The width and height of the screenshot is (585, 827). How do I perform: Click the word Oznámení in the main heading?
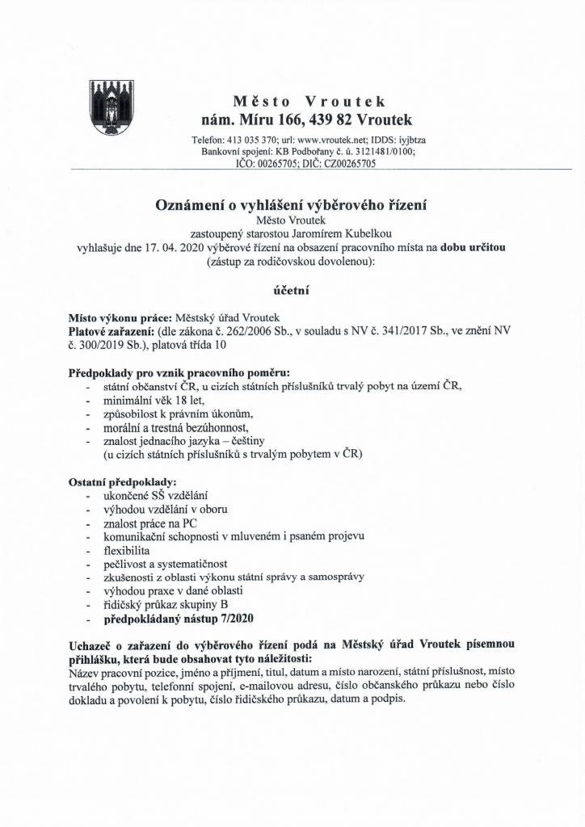pyautogui.click(x=190, y=205)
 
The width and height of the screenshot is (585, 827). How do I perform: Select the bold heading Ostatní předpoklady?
pyautogui.click(x=112, y=482)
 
